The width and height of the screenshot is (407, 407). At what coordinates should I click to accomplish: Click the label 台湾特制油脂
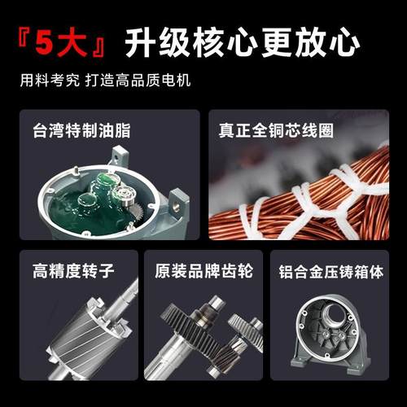[x=81, y=130]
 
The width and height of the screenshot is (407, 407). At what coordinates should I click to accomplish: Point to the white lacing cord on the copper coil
[x=342, y=191]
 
